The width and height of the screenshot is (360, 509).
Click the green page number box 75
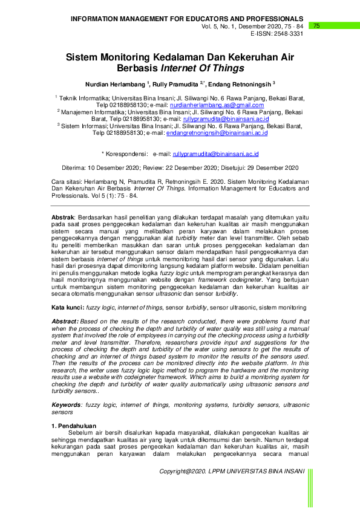point(316,26)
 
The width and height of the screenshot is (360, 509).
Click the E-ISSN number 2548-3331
point(288,34)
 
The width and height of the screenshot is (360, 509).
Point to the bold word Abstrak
point(62,216)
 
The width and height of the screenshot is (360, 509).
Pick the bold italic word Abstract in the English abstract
point(65,322)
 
